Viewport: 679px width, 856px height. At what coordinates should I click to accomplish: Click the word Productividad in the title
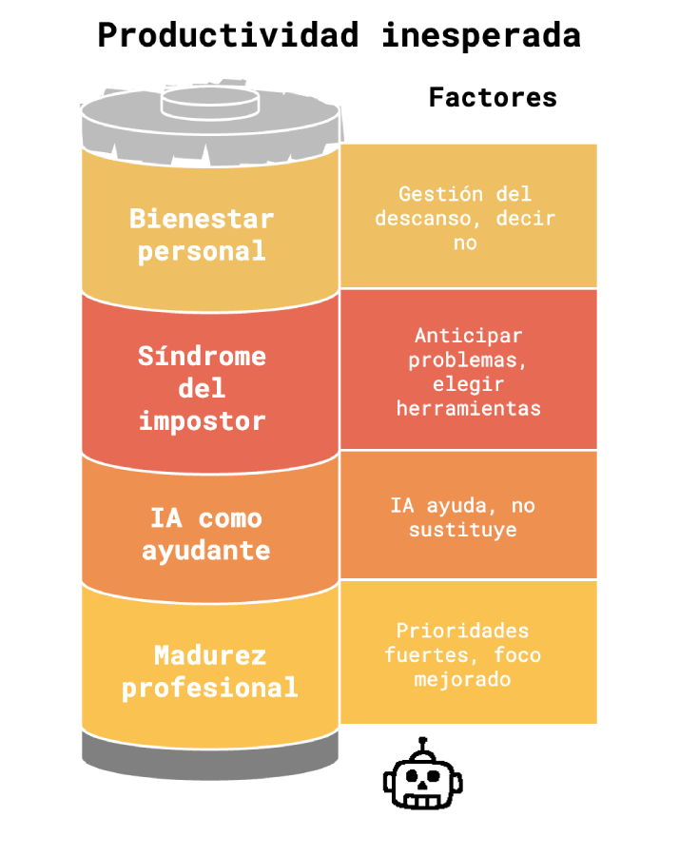tap(227, 35)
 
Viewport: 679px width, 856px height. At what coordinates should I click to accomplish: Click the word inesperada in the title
tap(481, 35)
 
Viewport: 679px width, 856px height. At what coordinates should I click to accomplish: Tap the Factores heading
tap(493, 97)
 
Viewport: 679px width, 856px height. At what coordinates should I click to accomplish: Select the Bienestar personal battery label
tap(202, 235)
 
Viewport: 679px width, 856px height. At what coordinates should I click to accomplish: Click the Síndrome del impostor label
tap(202, 388)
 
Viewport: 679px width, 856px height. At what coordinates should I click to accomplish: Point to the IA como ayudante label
tap(205, 535)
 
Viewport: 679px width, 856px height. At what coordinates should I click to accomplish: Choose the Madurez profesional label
tap(210, 671)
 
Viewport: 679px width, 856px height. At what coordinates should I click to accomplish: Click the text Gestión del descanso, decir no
tap(465, 218)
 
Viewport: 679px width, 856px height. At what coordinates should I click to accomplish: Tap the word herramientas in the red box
tap(469, 408)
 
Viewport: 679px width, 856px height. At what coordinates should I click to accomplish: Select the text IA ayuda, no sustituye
tap(463, 517)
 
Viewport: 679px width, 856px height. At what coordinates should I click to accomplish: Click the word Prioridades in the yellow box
tap(463, 631)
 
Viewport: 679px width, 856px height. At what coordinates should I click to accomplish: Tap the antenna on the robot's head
tap(423, 744)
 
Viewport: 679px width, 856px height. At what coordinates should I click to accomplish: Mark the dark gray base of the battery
tap(210, 751)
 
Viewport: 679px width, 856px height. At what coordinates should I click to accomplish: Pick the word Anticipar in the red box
tap(469, 336)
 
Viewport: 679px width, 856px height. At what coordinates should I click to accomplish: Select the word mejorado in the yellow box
tap(463, 679)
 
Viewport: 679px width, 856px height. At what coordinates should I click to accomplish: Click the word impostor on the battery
tap(202, 420)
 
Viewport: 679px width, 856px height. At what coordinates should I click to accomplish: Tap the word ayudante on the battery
tap(205, 551)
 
